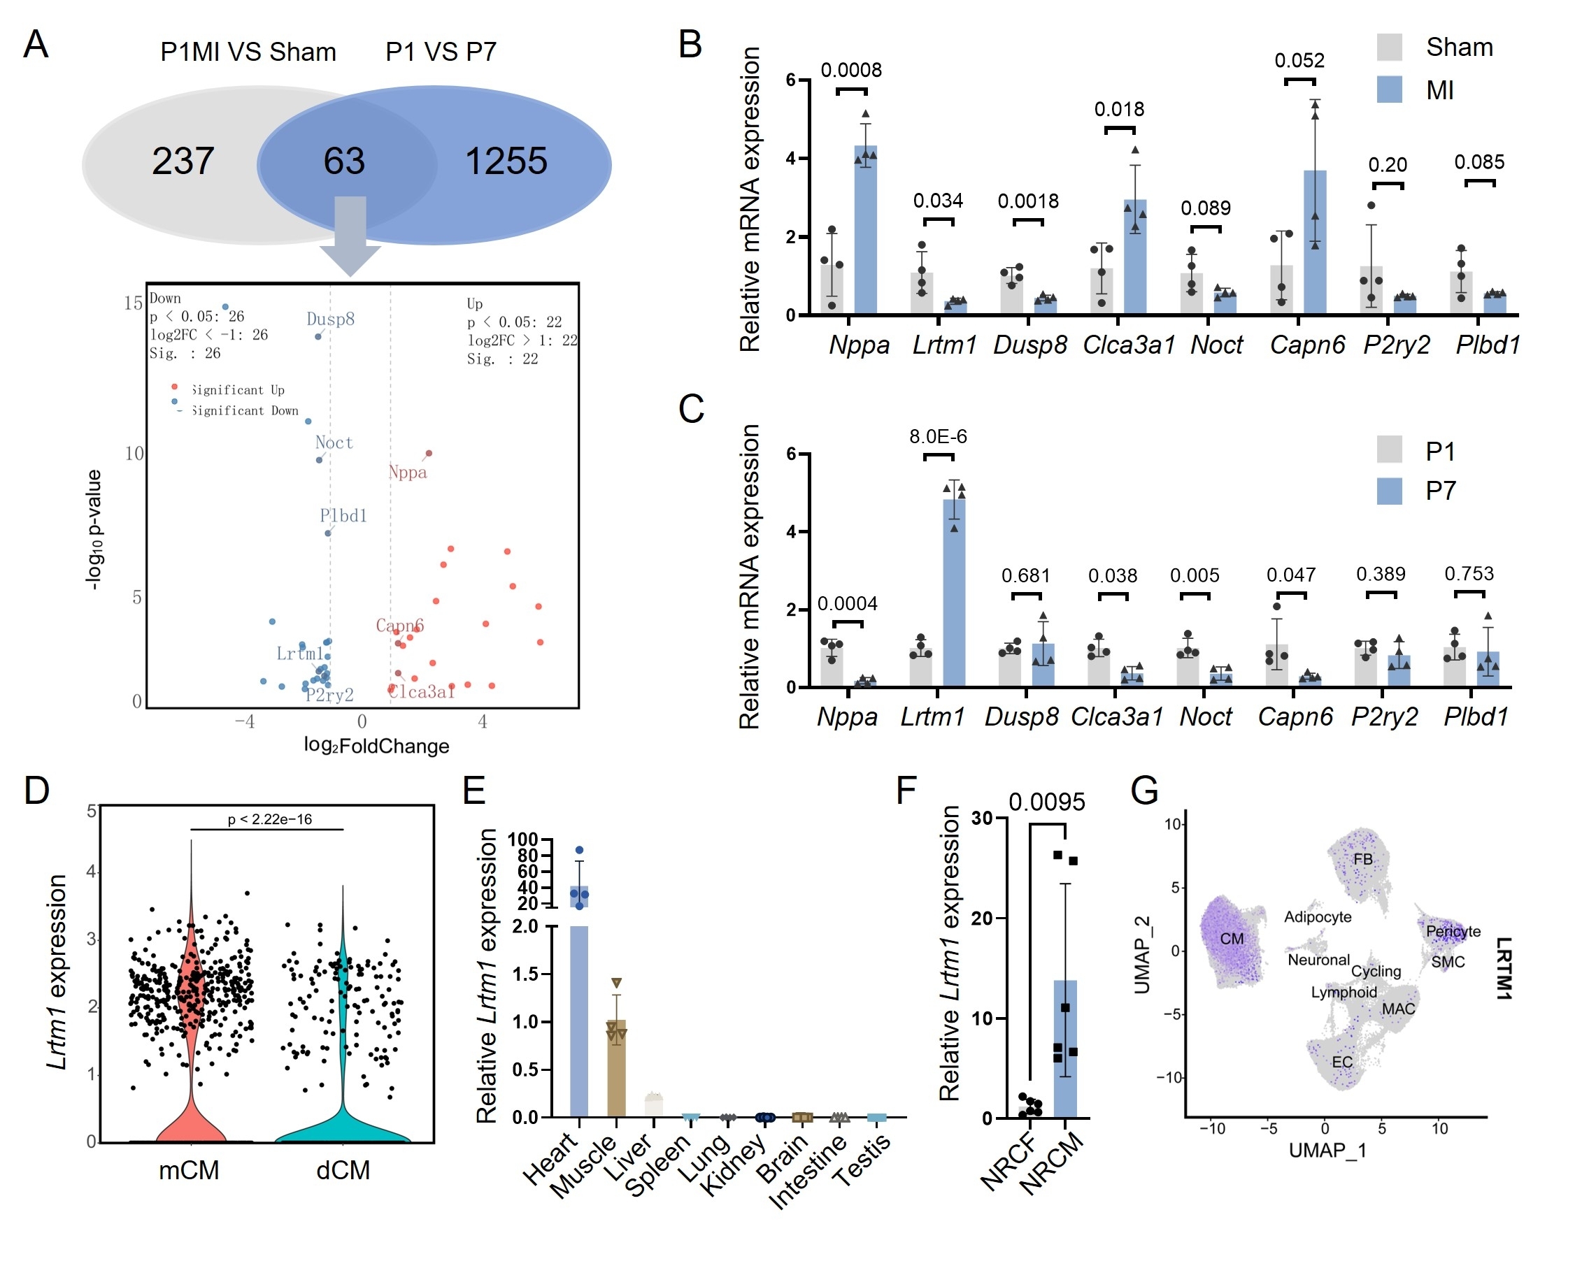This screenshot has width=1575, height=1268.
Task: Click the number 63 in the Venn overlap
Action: click(x=344, y=161)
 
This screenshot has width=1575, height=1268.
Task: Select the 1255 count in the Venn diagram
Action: click(x=506, y=161)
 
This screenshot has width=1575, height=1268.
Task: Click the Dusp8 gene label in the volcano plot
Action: click(x=330, y=319)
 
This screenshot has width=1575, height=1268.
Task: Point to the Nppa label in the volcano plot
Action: click(x=407, y=472)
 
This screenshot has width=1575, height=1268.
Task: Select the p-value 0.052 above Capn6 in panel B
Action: click(x=1299, y=61)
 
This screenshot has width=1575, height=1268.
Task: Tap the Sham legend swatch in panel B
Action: click(x=1389, y=48)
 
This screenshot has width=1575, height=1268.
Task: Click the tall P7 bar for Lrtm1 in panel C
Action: click(x=954, y=591)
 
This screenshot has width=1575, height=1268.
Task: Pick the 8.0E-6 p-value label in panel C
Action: click(x=938, y=437)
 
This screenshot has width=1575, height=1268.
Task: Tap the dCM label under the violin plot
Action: click(x=343, y=1171)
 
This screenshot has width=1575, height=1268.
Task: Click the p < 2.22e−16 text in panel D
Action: click(x=270, y=819)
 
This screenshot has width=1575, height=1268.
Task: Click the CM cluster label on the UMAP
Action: click(x=1232, y=939)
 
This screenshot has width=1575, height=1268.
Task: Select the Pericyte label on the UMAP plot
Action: click(x=1453, y=931)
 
